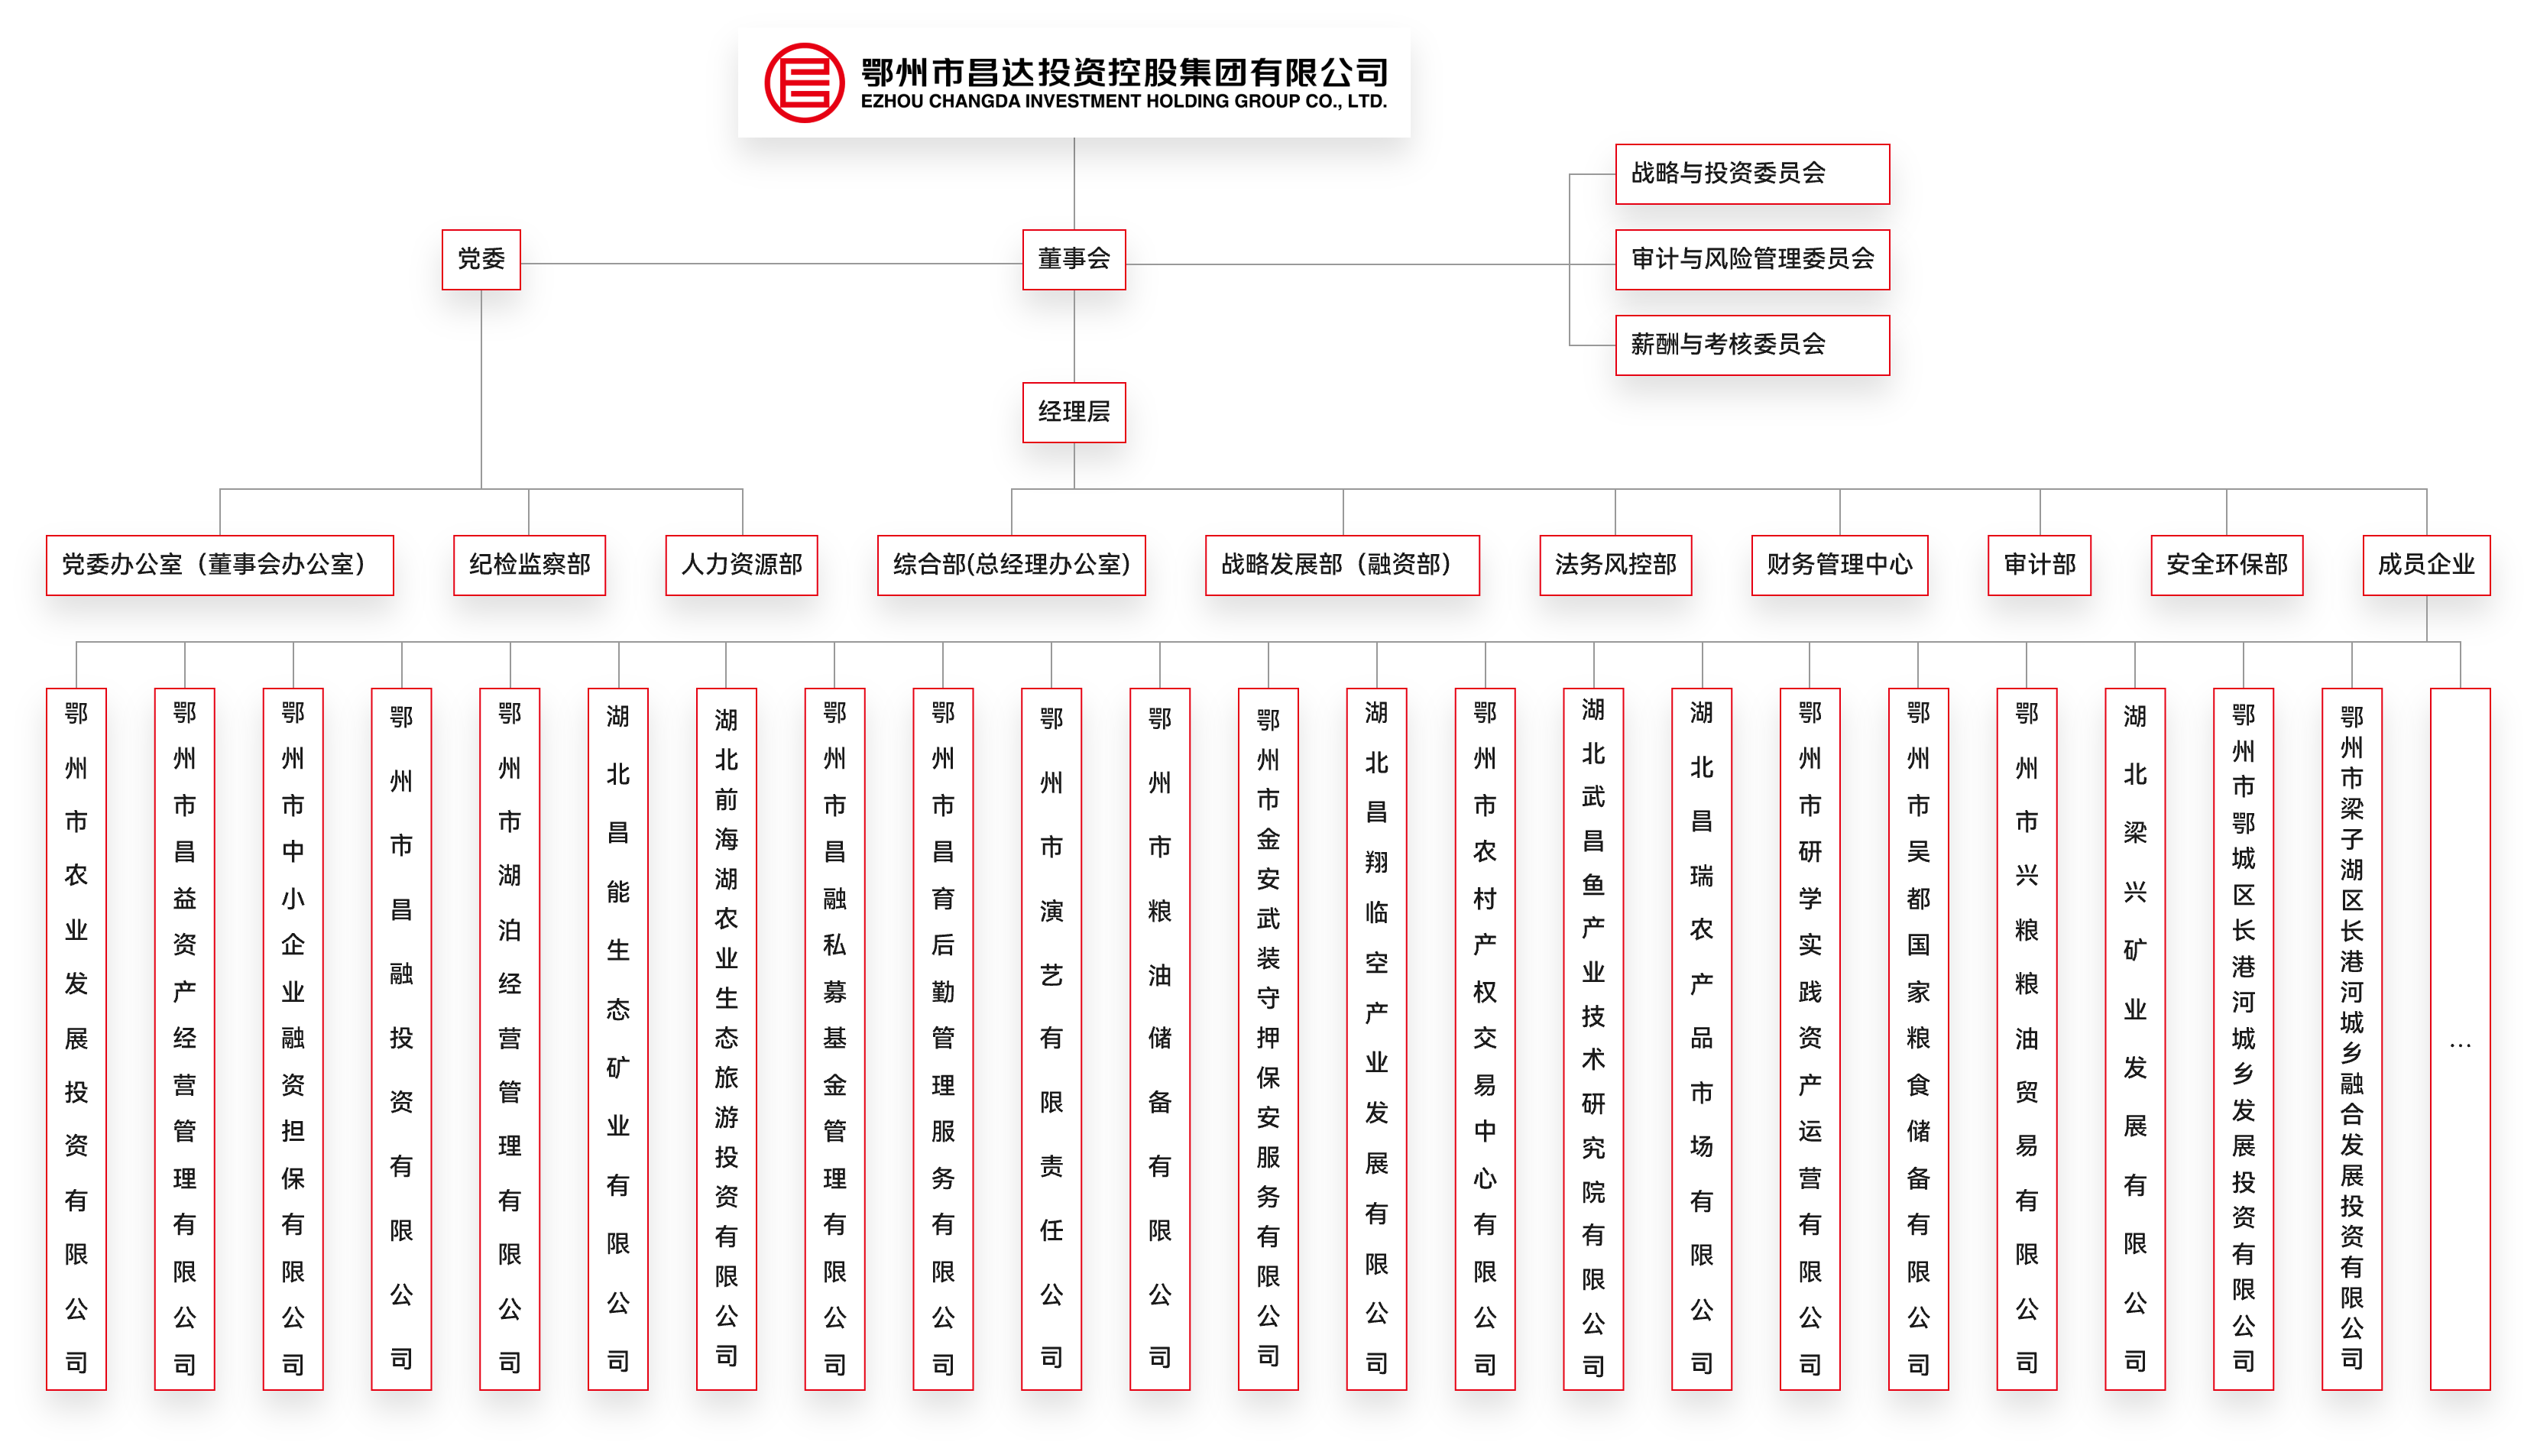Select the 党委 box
tap(481, 260)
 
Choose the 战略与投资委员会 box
tap(1751, 174)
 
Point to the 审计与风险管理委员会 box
tap(1751, 260)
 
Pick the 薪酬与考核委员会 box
tap(1751, 345)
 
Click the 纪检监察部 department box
tap(529, 565)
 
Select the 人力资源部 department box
tap(740, 565)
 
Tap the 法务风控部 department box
tap(1615, 565)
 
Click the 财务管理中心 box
tap(1839, 565)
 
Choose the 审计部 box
tap(2039, 565)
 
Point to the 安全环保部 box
tap(2226, 565)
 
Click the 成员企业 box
tap(2425, 565)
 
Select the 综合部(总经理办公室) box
tap(1010, 565)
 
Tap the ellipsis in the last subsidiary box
tap(2459, 1045)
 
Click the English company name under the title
tap(1123, 102)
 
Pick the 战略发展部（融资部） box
tap(1341, 565)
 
